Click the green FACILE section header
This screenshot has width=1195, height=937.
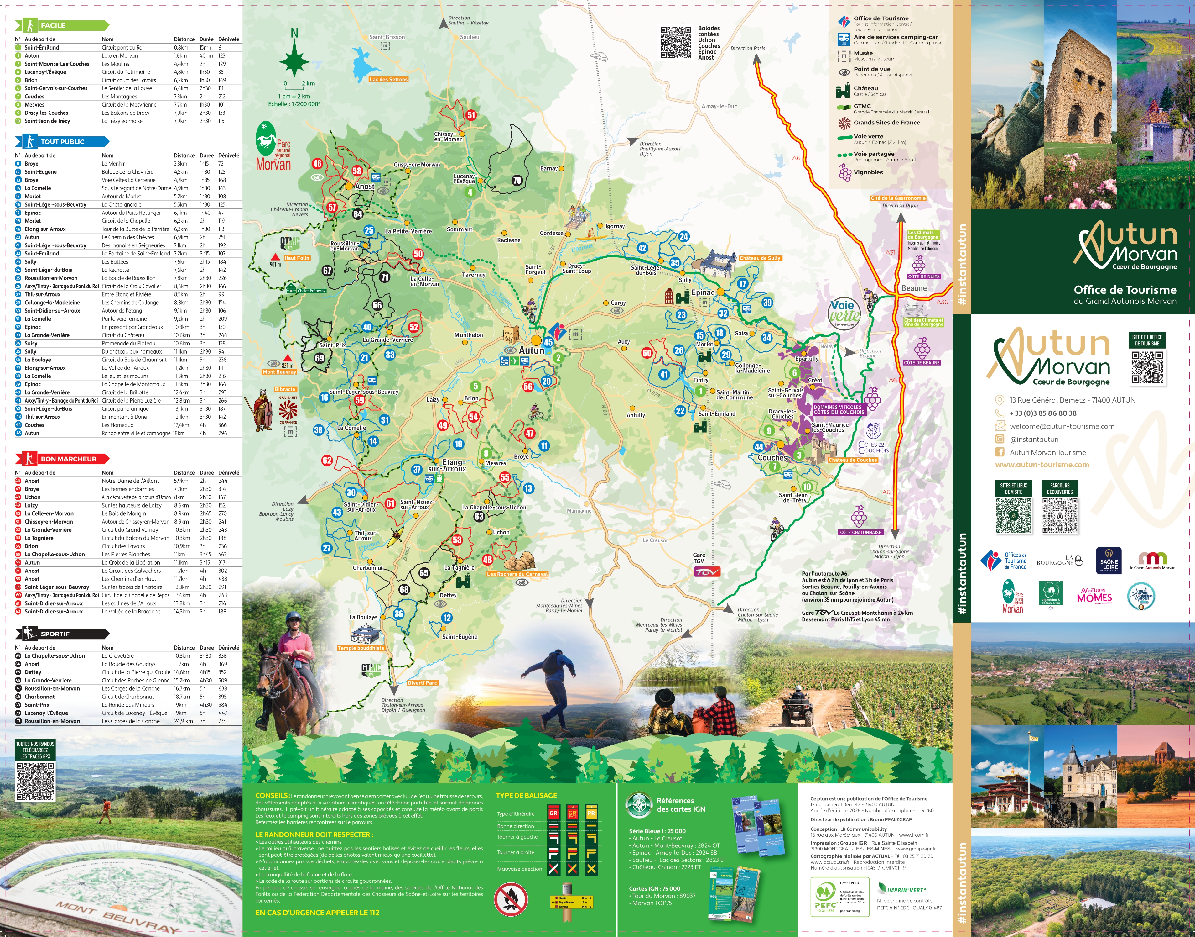click(x=61, y=25)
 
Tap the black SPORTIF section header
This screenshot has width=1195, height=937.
click(x=61, y=634)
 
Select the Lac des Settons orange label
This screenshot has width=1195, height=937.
click(x=389, y=80)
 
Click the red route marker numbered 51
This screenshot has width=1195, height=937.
click(x=471, y=115)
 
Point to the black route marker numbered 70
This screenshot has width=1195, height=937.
click(x=516, y=181)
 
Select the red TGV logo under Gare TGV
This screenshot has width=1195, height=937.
click(x=707, y=572)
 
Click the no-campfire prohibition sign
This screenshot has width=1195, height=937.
click(x=510, y=898)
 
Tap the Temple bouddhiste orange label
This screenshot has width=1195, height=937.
click(x=361, y=648)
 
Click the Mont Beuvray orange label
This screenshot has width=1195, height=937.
click(x=279, y=372)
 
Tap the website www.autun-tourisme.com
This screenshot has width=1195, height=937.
click(x=1042, y=465)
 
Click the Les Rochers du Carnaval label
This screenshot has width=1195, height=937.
click(x=517, y=574)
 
